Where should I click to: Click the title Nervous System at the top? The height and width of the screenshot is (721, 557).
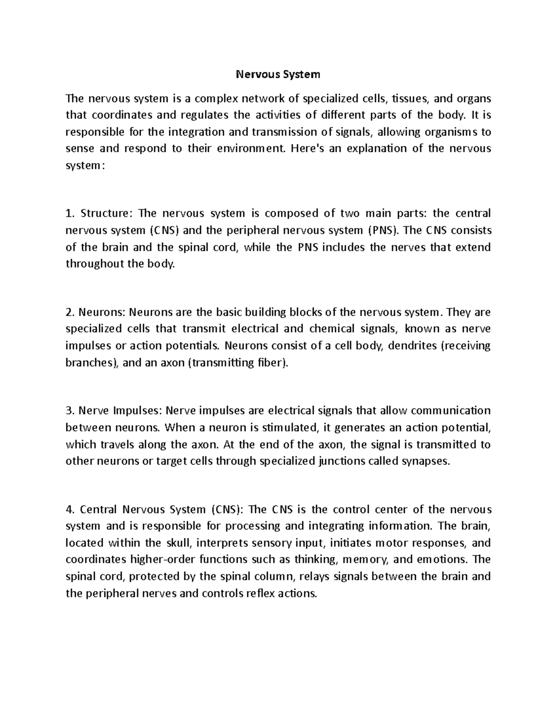(x=278, y=74)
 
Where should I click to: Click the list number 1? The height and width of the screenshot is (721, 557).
(x=70, y=214)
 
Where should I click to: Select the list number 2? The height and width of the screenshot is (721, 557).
(x=70, y=312)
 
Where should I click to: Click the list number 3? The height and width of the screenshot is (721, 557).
(x=70, y=411)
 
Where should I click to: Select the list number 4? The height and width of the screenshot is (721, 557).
(x=70, y=510)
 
